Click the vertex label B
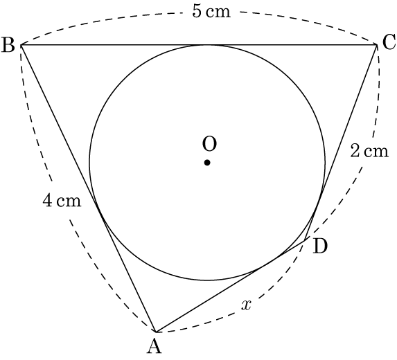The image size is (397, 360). click(x=8, y=45)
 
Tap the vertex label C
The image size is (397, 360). click(x=389, y=42)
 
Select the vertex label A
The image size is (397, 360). click(x=155, y=346)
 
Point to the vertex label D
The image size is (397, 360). click(x=320, y=246)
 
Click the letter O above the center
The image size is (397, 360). click(x=209, y=144)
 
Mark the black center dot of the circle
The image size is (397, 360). click(x=207, y=163)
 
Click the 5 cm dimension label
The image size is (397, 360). click(x=211, y=11)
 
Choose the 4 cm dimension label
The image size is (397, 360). click(x=62, y=201)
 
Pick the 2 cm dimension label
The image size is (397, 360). click(x=369, y=151)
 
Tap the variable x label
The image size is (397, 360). click(x=246, y=305)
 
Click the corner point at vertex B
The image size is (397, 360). click(x=21, y=45)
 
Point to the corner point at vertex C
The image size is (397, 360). click(x=377, y=45)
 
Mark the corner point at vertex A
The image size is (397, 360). click(x=155, y=332)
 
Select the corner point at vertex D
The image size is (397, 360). click(x=305, y=239)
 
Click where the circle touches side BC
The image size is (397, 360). click(x=207, y=45)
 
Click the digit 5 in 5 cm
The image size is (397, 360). click(x=197, y=11)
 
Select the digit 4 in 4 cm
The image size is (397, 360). click(x=47, y=201)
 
